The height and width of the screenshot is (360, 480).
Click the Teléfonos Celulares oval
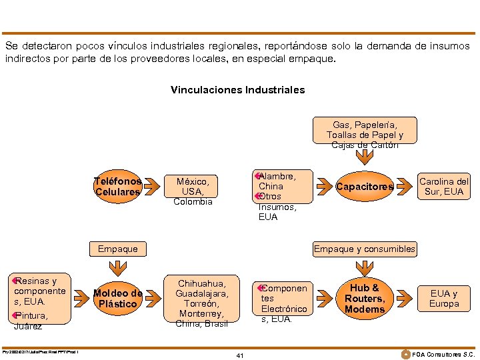pos(118,187)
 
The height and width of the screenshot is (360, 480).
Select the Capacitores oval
pos(365,187)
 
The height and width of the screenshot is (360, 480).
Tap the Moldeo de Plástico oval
pos(118,299)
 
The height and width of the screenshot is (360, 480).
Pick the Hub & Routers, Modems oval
pos(365,299)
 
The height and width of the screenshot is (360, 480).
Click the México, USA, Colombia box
pos(193,191)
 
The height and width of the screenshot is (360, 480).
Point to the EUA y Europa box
pos(444,299)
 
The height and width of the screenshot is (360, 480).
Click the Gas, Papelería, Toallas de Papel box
pos(365,131)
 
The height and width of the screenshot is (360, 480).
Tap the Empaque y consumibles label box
pos(365,249)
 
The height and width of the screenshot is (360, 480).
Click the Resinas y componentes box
pos(39,291)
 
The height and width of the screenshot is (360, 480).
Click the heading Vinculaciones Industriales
pos(237,89)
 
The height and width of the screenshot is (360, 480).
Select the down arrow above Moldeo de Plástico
pos(118,268)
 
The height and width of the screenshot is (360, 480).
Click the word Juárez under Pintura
pos(27,327)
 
